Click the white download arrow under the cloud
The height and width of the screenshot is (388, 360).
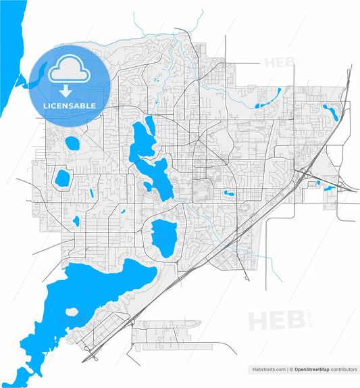coord(66,91)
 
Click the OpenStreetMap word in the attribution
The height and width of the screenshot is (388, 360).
coord(312,370)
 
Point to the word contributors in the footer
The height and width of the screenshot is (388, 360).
coord(344,370)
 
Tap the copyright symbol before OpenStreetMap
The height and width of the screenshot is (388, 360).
coord(291,370)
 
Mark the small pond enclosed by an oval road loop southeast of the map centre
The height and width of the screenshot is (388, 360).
coord(230,195)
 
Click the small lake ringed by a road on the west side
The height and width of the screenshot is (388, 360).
coord(62,178)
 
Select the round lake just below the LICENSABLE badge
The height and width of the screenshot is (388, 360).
coord(70,143)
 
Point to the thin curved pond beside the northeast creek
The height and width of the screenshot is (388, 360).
coord(262,105)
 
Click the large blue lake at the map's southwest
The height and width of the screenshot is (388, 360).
coord(101,291)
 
